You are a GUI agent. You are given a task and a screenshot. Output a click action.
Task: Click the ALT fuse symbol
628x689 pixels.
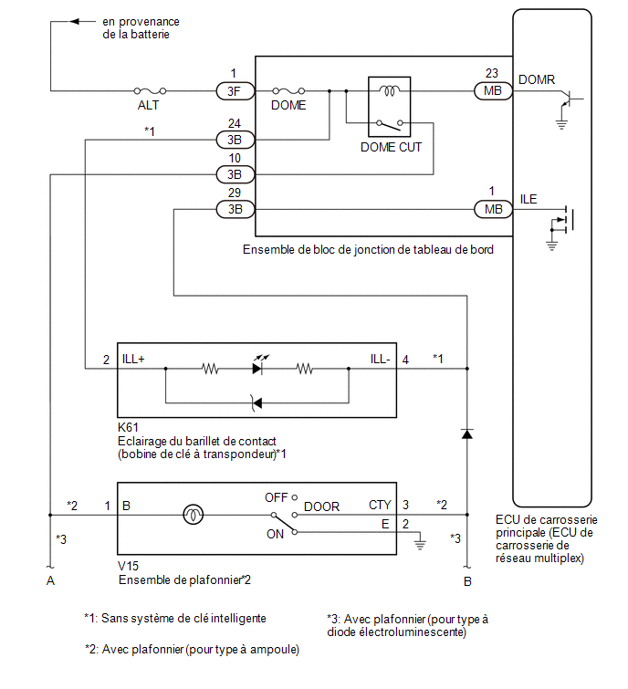[x=150, y=91]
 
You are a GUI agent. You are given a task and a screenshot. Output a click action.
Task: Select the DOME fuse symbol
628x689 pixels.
[x=288, y=91]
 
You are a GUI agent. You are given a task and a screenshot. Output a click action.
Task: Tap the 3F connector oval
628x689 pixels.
[x=235, y=91]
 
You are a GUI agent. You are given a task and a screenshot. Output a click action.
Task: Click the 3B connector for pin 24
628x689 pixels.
[x=235, y=140]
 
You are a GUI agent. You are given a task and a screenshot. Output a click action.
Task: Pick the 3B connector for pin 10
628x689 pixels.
[x=235, y=174]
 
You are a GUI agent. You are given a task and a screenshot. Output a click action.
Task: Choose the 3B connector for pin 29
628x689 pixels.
[x=235, y=209]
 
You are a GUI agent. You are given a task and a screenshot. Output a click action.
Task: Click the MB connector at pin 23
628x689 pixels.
[x=493, y=91]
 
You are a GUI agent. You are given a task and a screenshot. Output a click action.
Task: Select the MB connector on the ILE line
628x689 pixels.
[x=493, y=209]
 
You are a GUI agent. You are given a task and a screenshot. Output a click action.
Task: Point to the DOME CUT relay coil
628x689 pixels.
[x=390, y=90]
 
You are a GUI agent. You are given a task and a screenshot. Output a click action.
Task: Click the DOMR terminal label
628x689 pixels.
[x=537, y=79]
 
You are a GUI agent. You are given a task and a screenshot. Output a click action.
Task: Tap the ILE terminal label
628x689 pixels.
[x=529, y=199]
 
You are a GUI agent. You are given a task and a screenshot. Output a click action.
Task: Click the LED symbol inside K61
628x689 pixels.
[x=259, y=366]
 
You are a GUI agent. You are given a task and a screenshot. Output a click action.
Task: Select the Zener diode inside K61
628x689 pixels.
[x=256, y=403]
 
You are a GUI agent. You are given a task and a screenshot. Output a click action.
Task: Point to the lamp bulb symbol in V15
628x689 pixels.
[x=193, y=515]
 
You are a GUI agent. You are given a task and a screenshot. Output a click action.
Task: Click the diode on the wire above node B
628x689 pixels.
[x=466, y=433]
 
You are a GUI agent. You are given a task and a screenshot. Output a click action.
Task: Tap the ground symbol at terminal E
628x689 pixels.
[x=420, y=544]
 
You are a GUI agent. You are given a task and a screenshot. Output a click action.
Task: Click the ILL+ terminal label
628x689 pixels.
[x=133, y=359]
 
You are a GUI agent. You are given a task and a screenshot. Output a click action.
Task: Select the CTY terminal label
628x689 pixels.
[x=380, y=505]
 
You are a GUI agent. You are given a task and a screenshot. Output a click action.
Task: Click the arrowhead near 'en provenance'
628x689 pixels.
[x=75, y=21]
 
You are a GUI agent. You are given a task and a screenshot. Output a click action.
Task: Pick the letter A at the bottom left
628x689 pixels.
[x=50, y=581]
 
